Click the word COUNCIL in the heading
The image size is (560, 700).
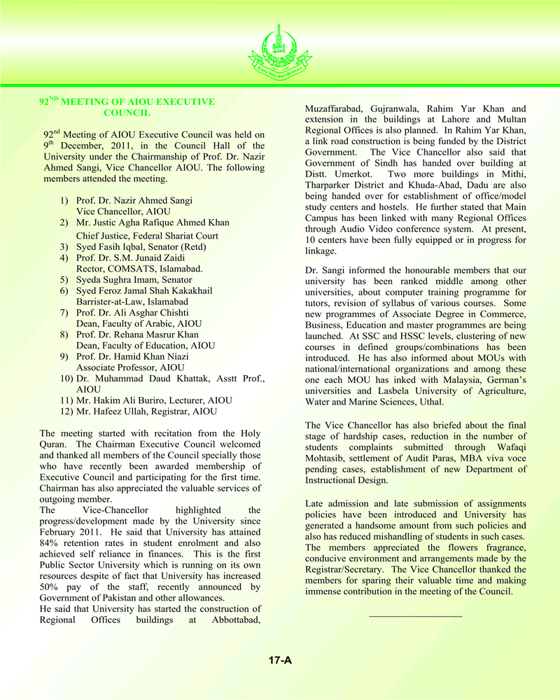(x=127, y=112)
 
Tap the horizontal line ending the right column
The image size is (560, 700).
(x=415, y=616)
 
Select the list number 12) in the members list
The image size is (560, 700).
(x=66, y=411)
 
